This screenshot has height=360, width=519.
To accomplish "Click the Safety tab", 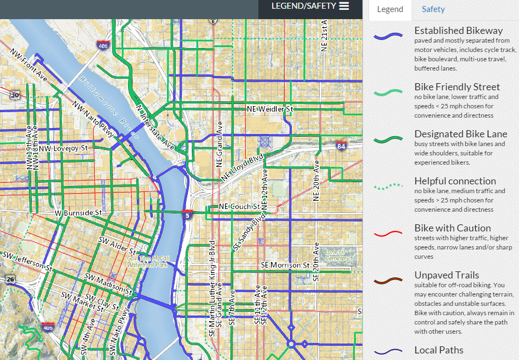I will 433,9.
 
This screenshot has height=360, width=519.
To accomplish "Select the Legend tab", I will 390,9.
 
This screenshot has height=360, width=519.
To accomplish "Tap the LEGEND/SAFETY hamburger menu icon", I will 344,6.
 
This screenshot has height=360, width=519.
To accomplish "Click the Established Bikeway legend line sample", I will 388,37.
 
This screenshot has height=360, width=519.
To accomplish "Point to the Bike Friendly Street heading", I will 457,87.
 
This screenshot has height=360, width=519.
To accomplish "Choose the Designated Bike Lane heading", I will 460,134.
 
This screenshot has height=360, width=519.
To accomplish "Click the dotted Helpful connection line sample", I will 388,187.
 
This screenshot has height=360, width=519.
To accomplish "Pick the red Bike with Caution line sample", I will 388,234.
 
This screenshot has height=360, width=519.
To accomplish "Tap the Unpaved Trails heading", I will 446,275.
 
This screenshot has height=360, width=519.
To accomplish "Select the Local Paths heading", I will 439,350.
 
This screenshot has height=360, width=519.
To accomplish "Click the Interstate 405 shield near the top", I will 102,45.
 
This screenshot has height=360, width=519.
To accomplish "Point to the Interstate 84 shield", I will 342,146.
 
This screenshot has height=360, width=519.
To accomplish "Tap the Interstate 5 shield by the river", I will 187,214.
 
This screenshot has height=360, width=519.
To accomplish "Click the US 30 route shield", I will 15,94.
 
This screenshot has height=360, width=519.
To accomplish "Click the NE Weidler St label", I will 269,109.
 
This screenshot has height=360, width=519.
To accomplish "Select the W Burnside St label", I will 78,212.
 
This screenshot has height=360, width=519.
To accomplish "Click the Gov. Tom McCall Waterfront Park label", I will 148,261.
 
